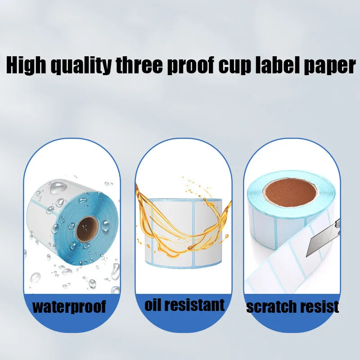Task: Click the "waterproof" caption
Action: pos(69,307)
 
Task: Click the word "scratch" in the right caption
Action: pos(270,307)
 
